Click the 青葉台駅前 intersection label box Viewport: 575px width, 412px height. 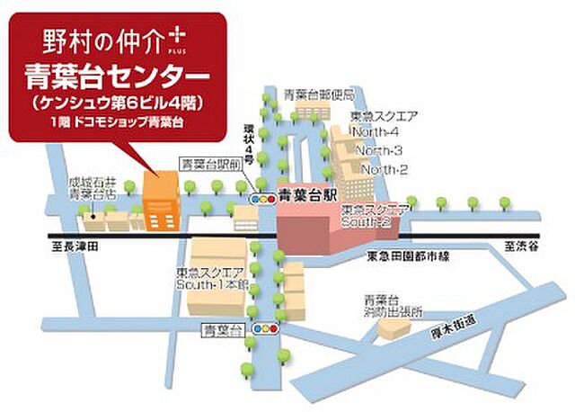pos(209,165)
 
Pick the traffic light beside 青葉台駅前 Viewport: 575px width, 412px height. pos(262,197)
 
